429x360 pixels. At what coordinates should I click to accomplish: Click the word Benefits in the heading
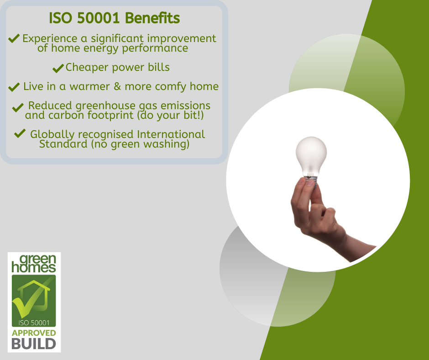152,18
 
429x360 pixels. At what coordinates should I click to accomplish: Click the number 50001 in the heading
98,18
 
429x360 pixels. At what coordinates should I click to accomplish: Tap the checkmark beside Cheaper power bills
58,68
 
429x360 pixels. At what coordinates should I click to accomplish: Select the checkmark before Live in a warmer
14,87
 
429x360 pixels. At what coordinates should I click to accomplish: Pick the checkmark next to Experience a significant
14,38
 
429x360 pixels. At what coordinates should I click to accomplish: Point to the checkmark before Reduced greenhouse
18,107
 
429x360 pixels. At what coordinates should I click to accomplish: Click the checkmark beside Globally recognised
20,133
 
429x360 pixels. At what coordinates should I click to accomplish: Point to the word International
171,134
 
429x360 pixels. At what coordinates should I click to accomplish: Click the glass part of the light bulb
311,154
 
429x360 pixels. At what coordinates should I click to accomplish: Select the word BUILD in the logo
34,344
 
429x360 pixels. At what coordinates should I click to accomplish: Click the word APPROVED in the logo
34,333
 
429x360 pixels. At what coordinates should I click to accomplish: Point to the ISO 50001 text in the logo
34,323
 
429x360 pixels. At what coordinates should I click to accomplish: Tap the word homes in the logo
34,267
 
